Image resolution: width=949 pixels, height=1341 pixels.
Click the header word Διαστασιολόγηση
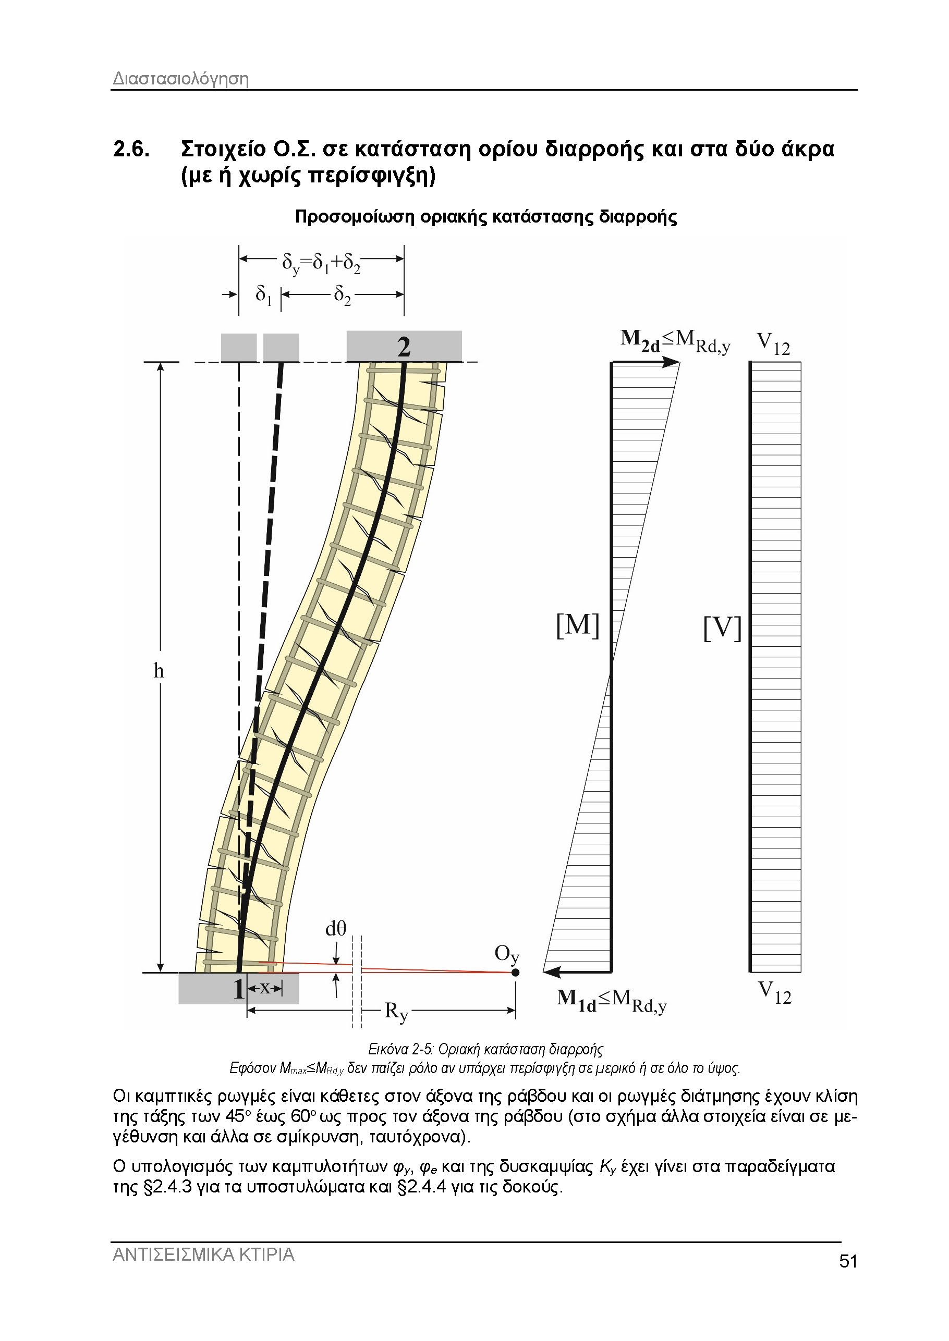tap(180, 79)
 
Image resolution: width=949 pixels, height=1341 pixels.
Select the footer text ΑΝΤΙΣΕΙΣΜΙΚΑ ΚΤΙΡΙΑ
tap(203, 1270)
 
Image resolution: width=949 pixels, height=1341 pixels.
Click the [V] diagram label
tap(722, 628)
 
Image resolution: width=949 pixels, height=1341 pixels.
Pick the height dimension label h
tap(159, 672)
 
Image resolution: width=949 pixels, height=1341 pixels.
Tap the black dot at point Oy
tap(515, 973)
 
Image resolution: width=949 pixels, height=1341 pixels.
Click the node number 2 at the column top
tap(404, 347)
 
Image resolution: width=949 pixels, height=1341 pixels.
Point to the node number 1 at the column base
tap(238, 989)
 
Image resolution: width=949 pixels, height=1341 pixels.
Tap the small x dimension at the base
tap(265, 988)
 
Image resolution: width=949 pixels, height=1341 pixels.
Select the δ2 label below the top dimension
tap(343, 296)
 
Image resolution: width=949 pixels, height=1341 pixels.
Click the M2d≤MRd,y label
tap(675, 342)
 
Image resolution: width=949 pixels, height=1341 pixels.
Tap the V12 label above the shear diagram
tap(773, 343)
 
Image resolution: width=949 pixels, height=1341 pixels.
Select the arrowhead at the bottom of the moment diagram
tap(551, 973)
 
